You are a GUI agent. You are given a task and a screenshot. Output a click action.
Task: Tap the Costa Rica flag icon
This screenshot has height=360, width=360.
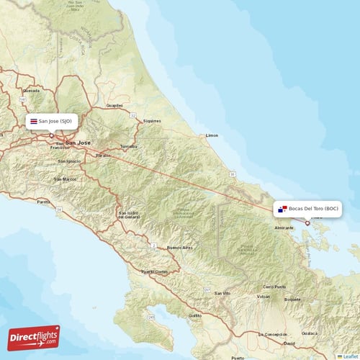pyautogui.click(x=33, y=122)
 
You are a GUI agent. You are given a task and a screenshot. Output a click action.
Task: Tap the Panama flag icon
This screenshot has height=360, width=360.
pyautogui.click(x=282, y=210)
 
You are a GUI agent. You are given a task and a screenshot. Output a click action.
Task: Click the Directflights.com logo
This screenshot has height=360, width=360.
pyautogui.click(x=34, y=337)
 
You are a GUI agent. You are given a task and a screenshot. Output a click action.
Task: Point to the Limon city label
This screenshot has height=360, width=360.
pyautogui.click(x=212, y=135)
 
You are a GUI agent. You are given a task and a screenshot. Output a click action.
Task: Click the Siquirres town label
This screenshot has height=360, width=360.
pyautogui.click(x=152, y=121)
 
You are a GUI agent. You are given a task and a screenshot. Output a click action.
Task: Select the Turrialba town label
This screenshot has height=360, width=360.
pyautogui.click(x=128, y=146)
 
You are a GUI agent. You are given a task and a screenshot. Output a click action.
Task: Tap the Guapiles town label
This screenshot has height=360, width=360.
pyautogui.click(x=114, y=105)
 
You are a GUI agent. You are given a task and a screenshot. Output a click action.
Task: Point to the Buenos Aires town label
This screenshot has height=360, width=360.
pyautogui.click(x=179, y=248)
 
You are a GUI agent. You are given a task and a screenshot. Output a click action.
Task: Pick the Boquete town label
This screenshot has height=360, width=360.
pyautogui.click(x=293, y=298)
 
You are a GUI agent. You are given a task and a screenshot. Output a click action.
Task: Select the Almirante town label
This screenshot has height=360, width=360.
pyautogui.click(x=284, y=228)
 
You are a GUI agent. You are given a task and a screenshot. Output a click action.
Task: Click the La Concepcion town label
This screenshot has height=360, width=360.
pyautogui.click(x=274, y=334)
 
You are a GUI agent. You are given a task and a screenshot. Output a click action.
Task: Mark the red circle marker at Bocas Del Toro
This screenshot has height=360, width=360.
pyautogui.click(x=307, y=222)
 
